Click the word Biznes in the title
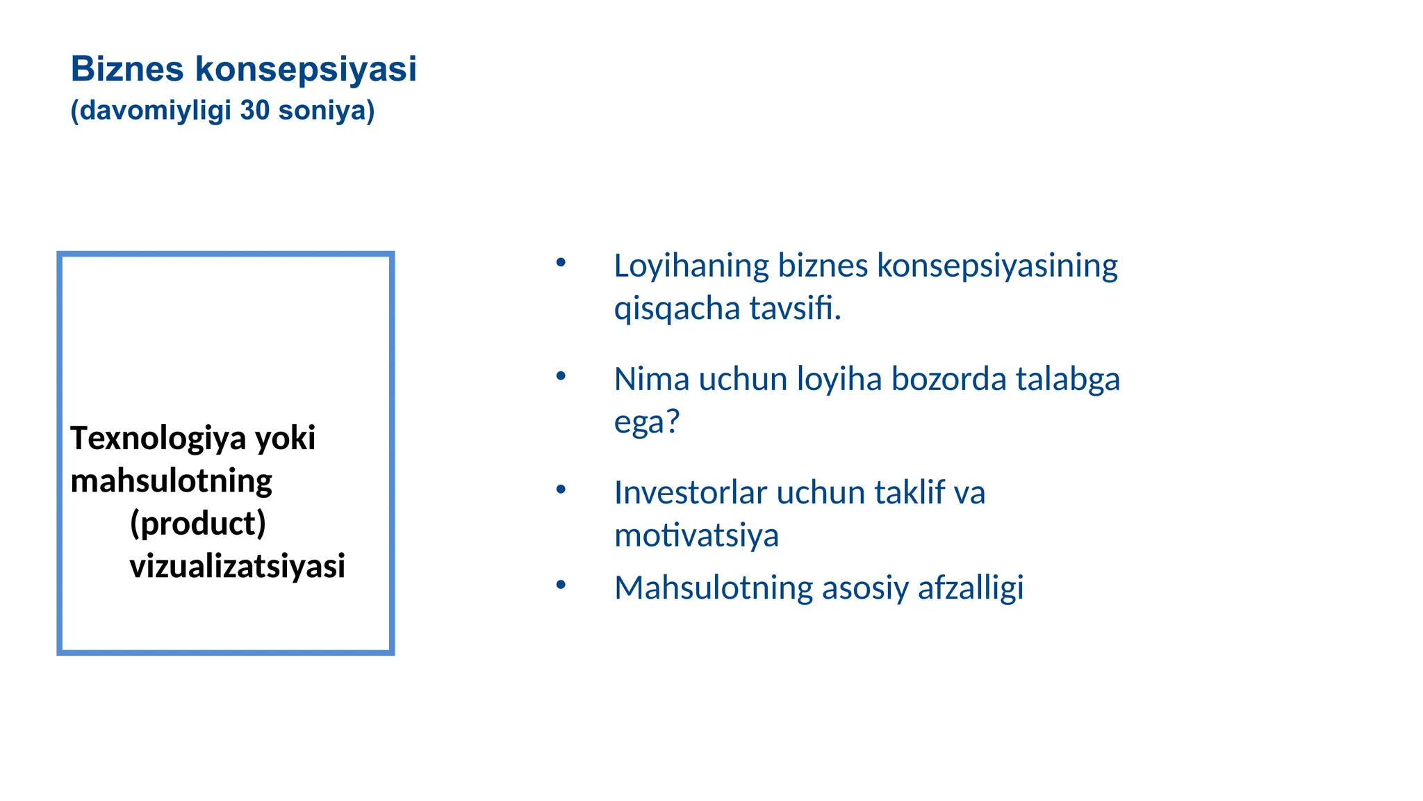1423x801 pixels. pos(127,69)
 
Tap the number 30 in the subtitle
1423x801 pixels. pos(254,111)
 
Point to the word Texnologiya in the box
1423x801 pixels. pos(158,439)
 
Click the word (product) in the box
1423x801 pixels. pos(198,524)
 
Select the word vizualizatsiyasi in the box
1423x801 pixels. pos(237,566)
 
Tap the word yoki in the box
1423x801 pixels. pos(285,439)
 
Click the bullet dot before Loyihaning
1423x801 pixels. pos(561,263)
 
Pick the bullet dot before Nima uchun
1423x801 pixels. pos(561,376)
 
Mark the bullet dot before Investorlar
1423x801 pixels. pos(561,489)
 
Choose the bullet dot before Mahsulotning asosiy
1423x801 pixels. pos(561,585)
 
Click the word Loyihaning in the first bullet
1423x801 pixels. pos(691,266)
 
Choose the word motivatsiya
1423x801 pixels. pos(696,536)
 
